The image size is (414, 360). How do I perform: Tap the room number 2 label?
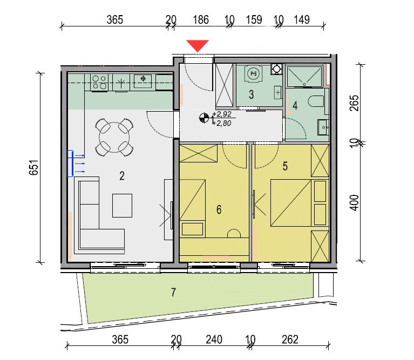[x=122, y=176]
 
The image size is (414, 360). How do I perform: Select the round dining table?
[x=114, y=137]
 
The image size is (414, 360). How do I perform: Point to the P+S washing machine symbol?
[x=253, y=73]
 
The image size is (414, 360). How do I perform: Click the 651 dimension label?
[x=34, y=167]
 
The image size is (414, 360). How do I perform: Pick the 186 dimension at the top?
[x=201, y=20]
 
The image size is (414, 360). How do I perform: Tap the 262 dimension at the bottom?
[x=290, y=339]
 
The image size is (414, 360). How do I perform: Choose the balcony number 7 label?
[x=173, y=293]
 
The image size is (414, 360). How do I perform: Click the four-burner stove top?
[x=99, y=83]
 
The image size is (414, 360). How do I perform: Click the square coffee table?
[x=122, y=206]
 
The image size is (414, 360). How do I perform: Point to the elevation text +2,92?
[x=222, y=114]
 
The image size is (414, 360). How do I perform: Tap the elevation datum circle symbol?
[x=203, y=118]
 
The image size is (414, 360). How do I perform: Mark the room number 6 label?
[x=219, y=210]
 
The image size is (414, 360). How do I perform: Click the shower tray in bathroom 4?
[x=304, y=77]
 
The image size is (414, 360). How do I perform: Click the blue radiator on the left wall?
[x=70, y=163]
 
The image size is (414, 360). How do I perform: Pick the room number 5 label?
[x=285, y=166]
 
